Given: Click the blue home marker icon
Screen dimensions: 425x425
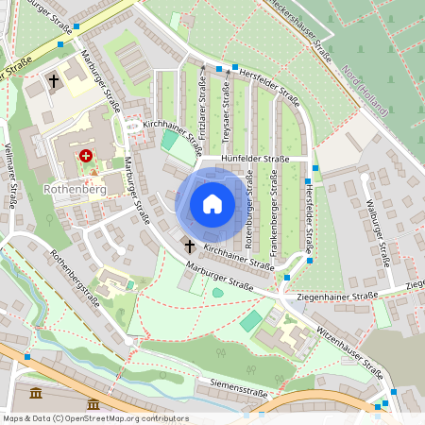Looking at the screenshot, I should (212, 204).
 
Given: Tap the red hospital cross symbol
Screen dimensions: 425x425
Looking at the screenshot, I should (86, 155).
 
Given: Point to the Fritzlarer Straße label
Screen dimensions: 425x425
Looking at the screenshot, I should (203, 108).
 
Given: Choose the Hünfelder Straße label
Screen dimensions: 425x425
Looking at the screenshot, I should (255, 160).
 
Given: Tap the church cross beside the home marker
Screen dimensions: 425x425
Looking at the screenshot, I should (189, 246).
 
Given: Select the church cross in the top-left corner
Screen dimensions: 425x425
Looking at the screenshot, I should (54, 82).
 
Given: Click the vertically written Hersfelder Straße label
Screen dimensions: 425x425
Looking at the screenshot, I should (309, 217).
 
